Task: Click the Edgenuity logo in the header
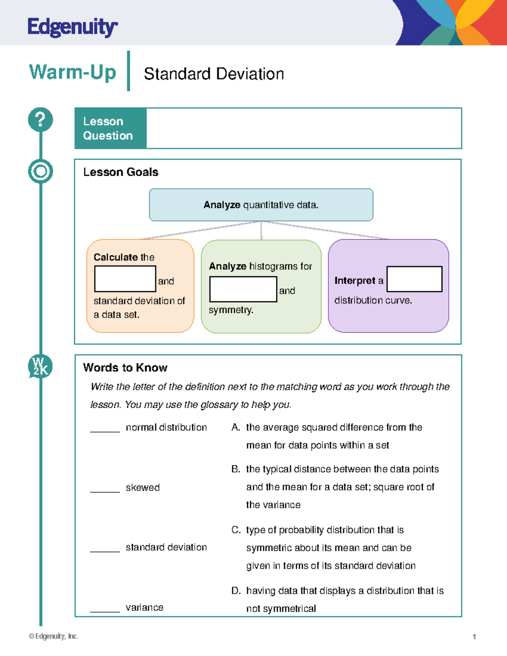[72, 27]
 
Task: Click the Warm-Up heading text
[72, 72]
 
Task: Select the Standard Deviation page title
[213, 74]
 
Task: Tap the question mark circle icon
[41, 120]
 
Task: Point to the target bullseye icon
[41, 171]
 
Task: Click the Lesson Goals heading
[120, 172]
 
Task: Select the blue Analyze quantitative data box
[261, 205]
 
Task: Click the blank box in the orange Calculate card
[125, 279]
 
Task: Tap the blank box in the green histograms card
[243, 289]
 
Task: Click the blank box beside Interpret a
[414, 279]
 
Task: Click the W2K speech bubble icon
[40, 366]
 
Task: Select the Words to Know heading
[125, 367]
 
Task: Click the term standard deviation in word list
[166, 547]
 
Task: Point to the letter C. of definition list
[236, 530]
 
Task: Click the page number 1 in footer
[474, 637]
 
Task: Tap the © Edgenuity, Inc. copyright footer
[54, 636]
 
